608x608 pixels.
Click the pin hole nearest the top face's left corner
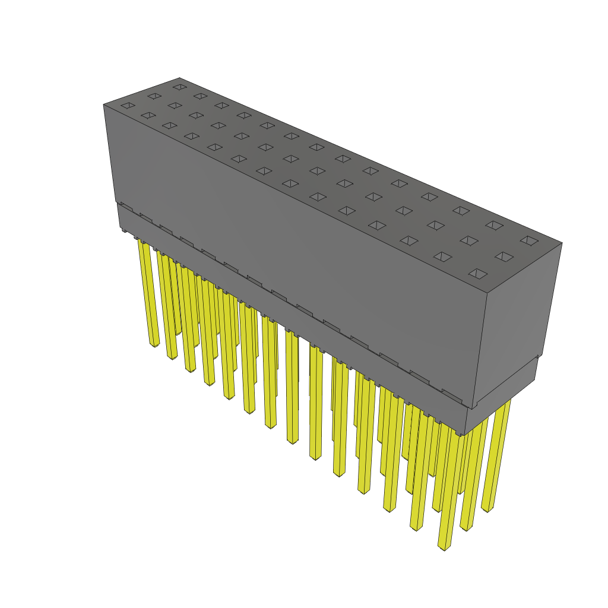pyautogui.click(x=128, y=106)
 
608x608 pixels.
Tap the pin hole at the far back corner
pyautogui.click(x=179, y=87)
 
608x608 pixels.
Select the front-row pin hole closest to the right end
pyautogui.click(x=477, y=274)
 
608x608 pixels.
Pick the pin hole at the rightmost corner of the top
pyautogui.click(x=529, y=240)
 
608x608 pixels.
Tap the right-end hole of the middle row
pyautogui.click(x=503, y=256)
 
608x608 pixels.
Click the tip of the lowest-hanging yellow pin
pyautogui.click(x=442, y=547)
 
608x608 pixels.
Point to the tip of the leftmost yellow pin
pyautogui.click(x=154, y=344)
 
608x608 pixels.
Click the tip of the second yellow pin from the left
pyautogui.click(x=172, y=357)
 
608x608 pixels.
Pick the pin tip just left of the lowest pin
pyautogui.click(x=416, y=527)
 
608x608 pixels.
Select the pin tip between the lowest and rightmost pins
pyautogui.click(x=466, y=528)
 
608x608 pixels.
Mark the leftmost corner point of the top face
pyautogui.click(x=103, y=104)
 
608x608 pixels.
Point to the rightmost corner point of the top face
pyautogui.click(x=562, y=242)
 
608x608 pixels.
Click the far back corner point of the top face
pyautogui.click(x=179, y=78)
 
